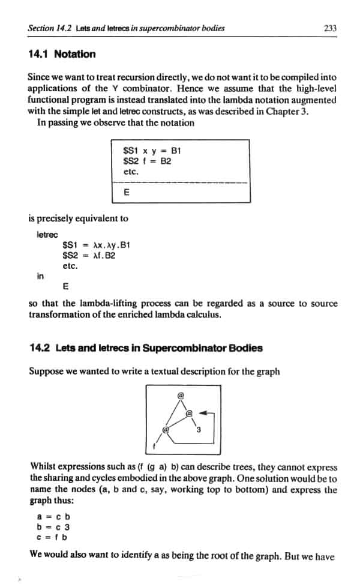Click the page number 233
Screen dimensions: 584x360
point(329,28)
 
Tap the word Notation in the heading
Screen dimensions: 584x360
point(74,54)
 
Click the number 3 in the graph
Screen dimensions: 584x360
point(198,429)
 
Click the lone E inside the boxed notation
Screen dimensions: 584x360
point(126,193)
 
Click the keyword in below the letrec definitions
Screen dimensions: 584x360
point(40,275)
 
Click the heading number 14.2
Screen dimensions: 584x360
point(39,348)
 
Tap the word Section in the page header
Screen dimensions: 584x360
point(42,28)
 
